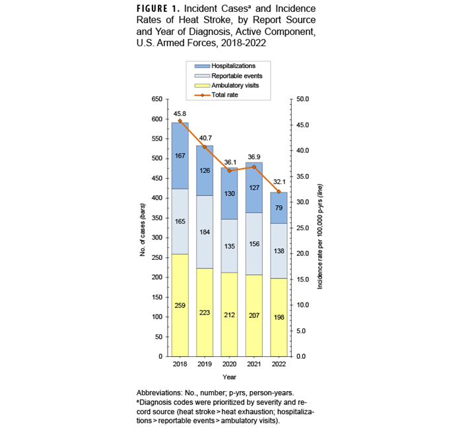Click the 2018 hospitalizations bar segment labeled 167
180,155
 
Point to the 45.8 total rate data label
180,113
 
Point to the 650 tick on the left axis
156,99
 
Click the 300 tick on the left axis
156,237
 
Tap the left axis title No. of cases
143,228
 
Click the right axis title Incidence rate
319,228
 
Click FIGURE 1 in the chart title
162,9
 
